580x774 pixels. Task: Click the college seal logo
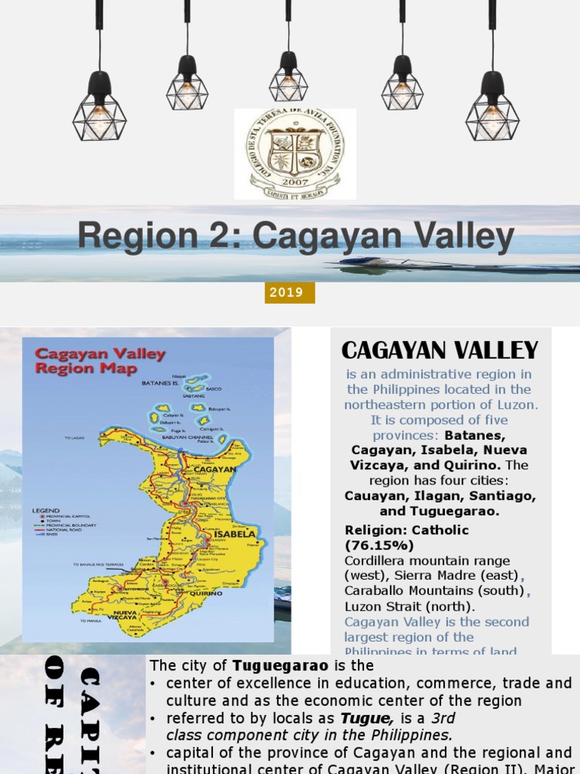(x=295, y=153)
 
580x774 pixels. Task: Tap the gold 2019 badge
(x=289, y=293)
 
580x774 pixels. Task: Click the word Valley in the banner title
(x=460, y=237)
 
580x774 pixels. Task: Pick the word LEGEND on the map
(x=45, y=510)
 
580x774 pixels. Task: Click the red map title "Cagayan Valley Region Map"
(x=100, y=361)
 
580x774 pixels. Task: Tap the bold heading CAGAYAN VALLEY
(x=440, y=350)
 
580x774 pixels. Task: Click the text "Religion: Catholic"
(x=406, y=530)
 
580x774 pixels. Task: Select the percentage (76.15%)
(x=379, y=545)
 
